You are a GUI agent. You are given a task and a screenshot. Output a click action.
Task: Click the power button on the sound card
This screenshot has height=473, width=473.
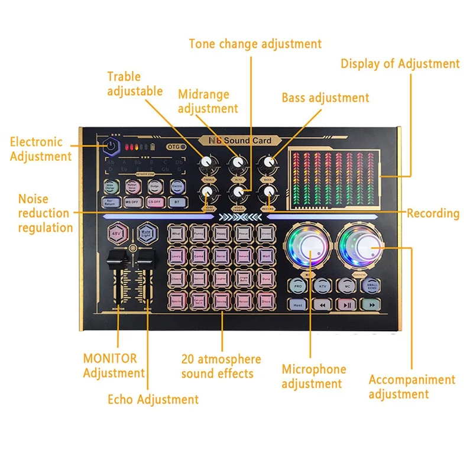pos(111,145)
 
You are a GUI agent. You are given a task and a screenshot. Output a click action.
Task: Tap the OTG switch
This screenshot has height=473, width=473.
pos(176,147)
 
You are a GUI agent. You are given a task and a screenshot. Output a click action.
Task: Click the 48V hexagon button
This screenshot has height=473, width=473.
pos(115,234)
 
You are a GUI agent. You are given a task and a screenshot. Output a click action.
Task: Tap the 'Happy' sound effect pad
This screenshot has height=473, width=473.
pos(221,234)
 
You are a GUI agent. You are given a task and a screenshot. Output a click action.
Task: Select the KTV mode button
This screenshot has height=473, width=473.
pos(322,286)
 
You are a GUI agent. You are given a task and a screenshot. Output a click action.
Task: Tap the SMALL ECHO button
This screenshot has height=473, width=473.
pos(371,286)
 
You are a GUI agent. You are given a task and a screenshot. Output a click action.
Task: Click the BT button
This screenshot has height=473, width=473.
pos(177,202)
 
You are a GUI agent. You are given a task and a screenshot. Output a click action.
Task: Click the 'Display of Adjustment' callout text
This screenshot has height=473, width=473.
pos(400,64)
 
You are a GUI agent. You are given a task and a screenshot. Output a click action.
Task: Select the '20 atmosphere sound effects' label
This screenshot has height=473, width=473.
pos(221,366)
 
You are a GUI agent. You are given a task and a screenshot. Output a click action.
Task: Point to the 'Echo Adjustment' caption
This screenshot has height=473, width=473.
pos(153,399)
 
